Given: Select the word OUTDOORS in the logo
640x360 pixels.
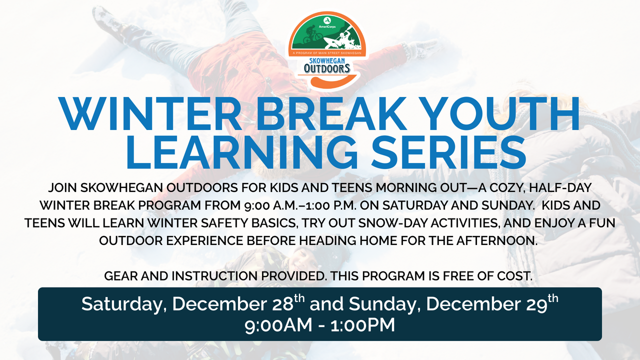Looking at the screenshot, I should coord(327,68).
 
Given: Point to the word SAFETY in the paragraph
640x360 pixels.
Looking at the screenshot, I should coord(242,223).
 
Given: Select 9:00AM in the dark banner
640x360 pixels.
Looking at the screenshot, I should coord(275,325).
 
